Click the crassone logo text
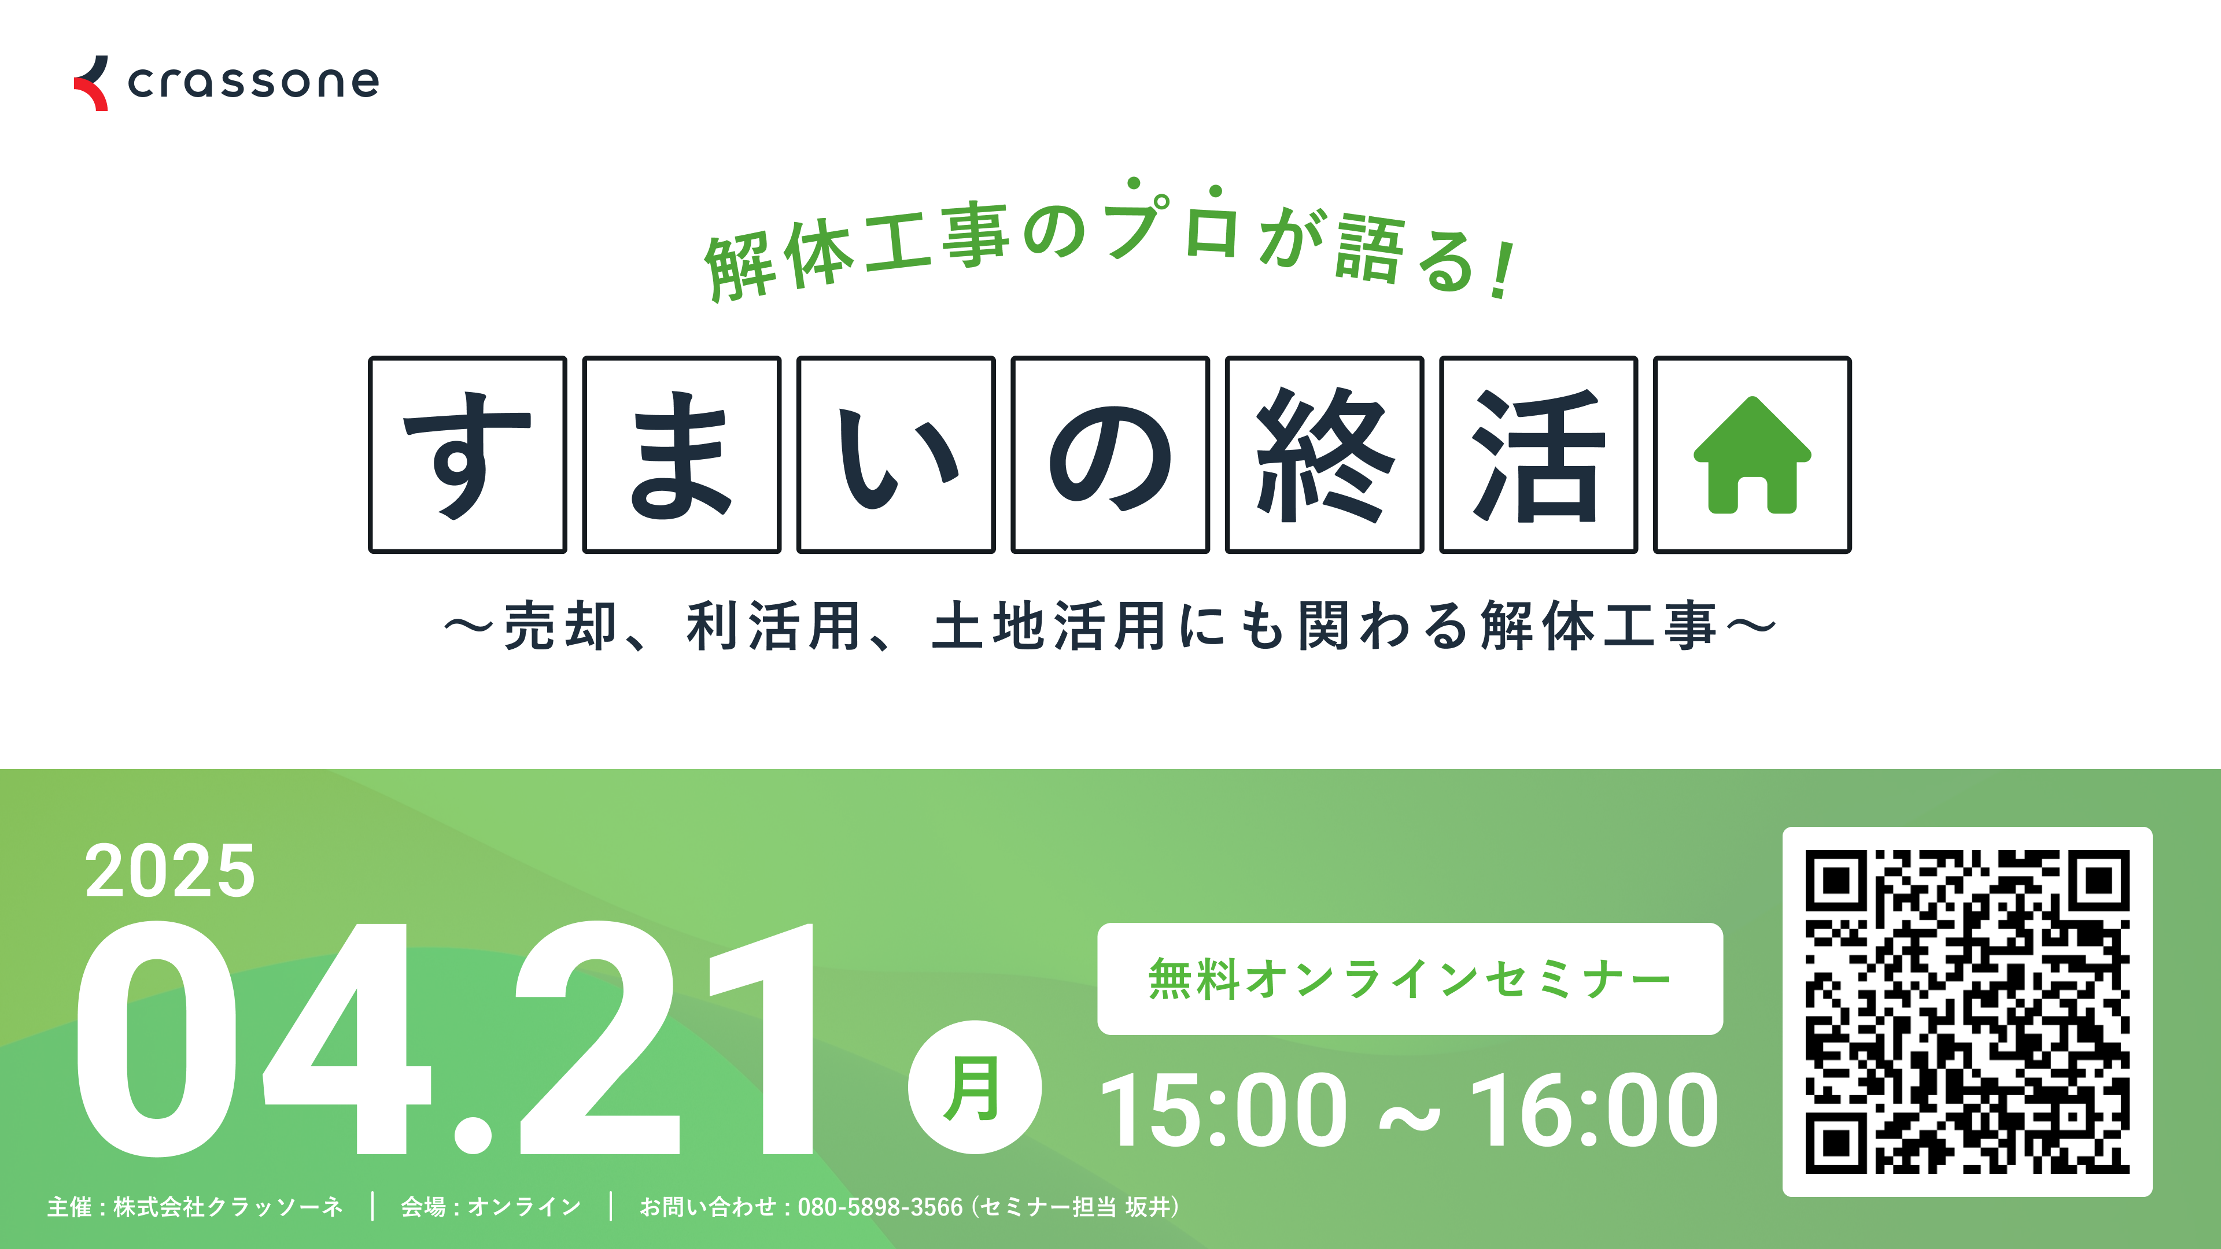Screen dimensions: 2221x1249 253,83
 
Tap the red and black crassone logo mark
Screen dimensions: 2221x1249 91,84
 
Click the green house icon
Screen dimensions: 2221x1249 1752,455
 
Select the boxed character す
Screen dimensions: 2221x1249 467,455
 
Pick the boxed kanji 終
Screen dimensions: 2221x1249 1325,455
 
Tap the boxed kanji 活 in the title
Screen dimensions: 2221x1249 1538,455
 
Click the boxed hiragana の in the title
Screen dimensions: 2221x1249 1110,455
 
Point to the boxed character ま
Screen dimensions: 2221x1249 681,455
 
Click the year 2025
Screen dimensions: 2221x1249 170,871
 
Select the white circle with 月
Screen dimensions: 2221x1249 974,1088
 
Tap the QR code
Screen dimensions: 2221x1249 1968,1012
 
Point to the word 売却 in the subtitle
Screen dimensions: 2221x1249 560,626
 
